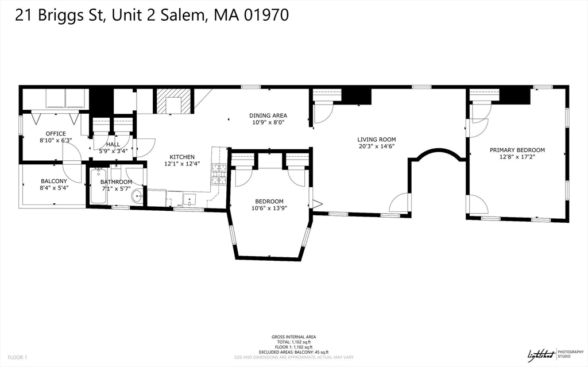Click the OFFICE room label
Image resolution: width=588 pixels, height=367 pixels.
(56, 134)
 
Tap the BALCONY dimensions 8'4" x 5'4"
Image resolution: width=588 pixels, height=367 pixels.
(53, 188)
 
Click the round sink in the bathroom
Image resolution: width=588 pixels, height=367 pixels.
(138, 196)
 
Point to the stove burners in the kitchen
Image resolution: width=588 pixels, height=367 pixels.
(219, 171)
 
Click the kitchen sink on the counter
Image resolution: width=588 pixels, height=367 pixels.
(190, 199)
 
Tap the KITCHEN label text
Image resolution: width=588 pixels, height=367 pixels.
(181, 157)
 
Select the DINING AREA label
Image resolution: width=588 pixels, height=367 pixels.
(268, 115)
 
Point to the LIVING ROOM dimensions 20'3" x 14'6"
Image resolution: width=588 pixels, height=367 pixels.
(376, 146)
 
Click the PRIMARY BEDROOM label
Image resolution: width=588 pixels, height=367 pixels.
(517, 150)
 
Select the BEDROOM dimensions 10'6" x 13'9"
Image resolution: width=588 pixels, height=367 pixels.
(269, 208)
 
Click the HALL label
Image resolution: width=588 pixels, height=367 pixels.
(113, 144)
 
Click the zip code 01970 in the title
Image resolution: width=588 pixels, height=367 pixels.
(260, 16)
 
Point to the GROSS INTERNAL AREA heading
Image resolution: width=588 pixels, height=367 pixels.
(293, 337)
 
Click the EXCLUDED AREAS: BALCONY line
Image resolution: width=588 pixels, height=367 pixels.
(293, 351)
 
